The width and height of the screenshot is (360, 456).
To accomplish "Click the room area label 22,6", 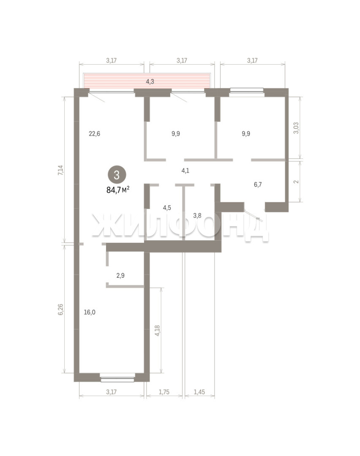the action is click(x=95, y=134).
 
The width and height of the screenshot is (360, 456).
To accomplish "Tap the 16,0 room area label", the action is click(x=90, y=312).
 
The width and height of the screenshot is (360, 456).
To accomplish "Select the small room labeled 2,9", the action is click(x=120, y=275).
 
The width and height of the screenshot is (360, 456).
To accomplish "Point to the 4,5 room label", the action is click(x=167, y=208).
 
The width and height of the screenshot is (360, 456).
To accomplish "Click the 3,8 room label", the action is click(x=197, y=215).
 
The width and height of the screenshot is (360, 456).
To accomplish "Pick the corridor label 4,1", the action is click(x=185, y=171).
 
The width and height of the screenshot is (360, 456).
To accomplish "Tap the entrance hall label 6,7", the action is click(x=258, y=185).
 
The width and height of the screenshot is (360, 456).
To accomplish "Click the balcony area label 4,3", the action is click(x=150, y=82).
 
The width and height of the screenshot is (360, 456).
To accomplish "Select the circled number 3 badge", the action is click(x=117, y=175).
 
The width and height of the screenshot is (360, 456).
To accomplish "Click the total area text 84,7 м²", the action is click(x=118, y=190).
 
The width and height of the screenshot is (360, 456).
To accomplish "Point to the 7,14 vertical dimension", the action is click(x=60, y=170).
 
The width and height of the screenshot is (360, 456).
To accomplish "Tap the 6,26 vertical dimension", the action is click(x=60, y=309).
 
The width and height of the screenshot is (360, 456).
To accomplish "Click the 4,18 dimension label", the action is click(x=157, y=331).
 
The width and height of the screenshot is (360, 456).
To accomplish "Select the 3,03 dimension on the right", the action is click(x=296, y=128).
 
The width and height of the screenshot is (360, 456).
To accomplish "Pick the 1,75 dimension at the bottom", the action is click(x=164, y=392).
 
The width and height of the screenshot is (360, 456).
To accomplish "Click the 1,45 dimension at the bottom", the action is click(x=199, y=392).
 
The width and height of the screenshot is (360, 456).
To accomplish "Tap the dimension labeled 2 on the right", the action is click(x=296, y=182).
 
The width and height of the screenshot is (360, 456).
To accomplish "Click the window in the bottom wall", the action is click(x=117, y=379).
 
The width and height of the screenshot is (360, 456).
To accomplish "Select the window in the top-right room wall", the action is click(x=247, y=91).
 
